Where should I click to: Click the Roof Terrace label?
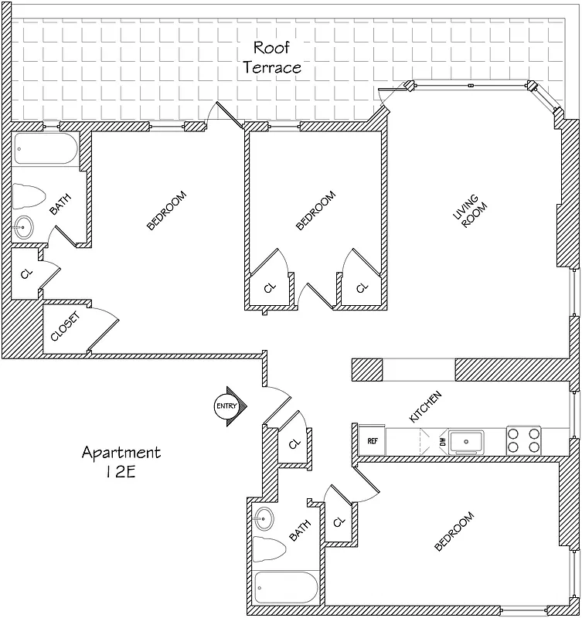272,57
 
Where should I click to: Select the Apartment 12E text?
121,462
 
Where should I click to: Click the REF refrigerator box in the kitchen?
372,441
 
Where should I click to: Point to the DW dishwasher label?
443,441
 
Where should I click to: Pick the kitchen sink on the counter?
468,441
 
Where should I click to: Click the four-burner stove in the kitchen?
523,440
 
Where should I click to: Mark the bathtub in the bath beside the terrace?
46,148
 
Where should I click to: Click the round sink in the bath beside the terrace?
25,227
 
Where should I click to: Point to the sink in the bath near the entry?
264,517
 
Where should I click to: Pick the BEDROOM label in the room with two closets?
316,210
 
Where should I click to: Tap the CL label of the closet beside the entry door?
294,444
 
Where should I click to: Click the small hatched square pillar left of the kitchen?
367,370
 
